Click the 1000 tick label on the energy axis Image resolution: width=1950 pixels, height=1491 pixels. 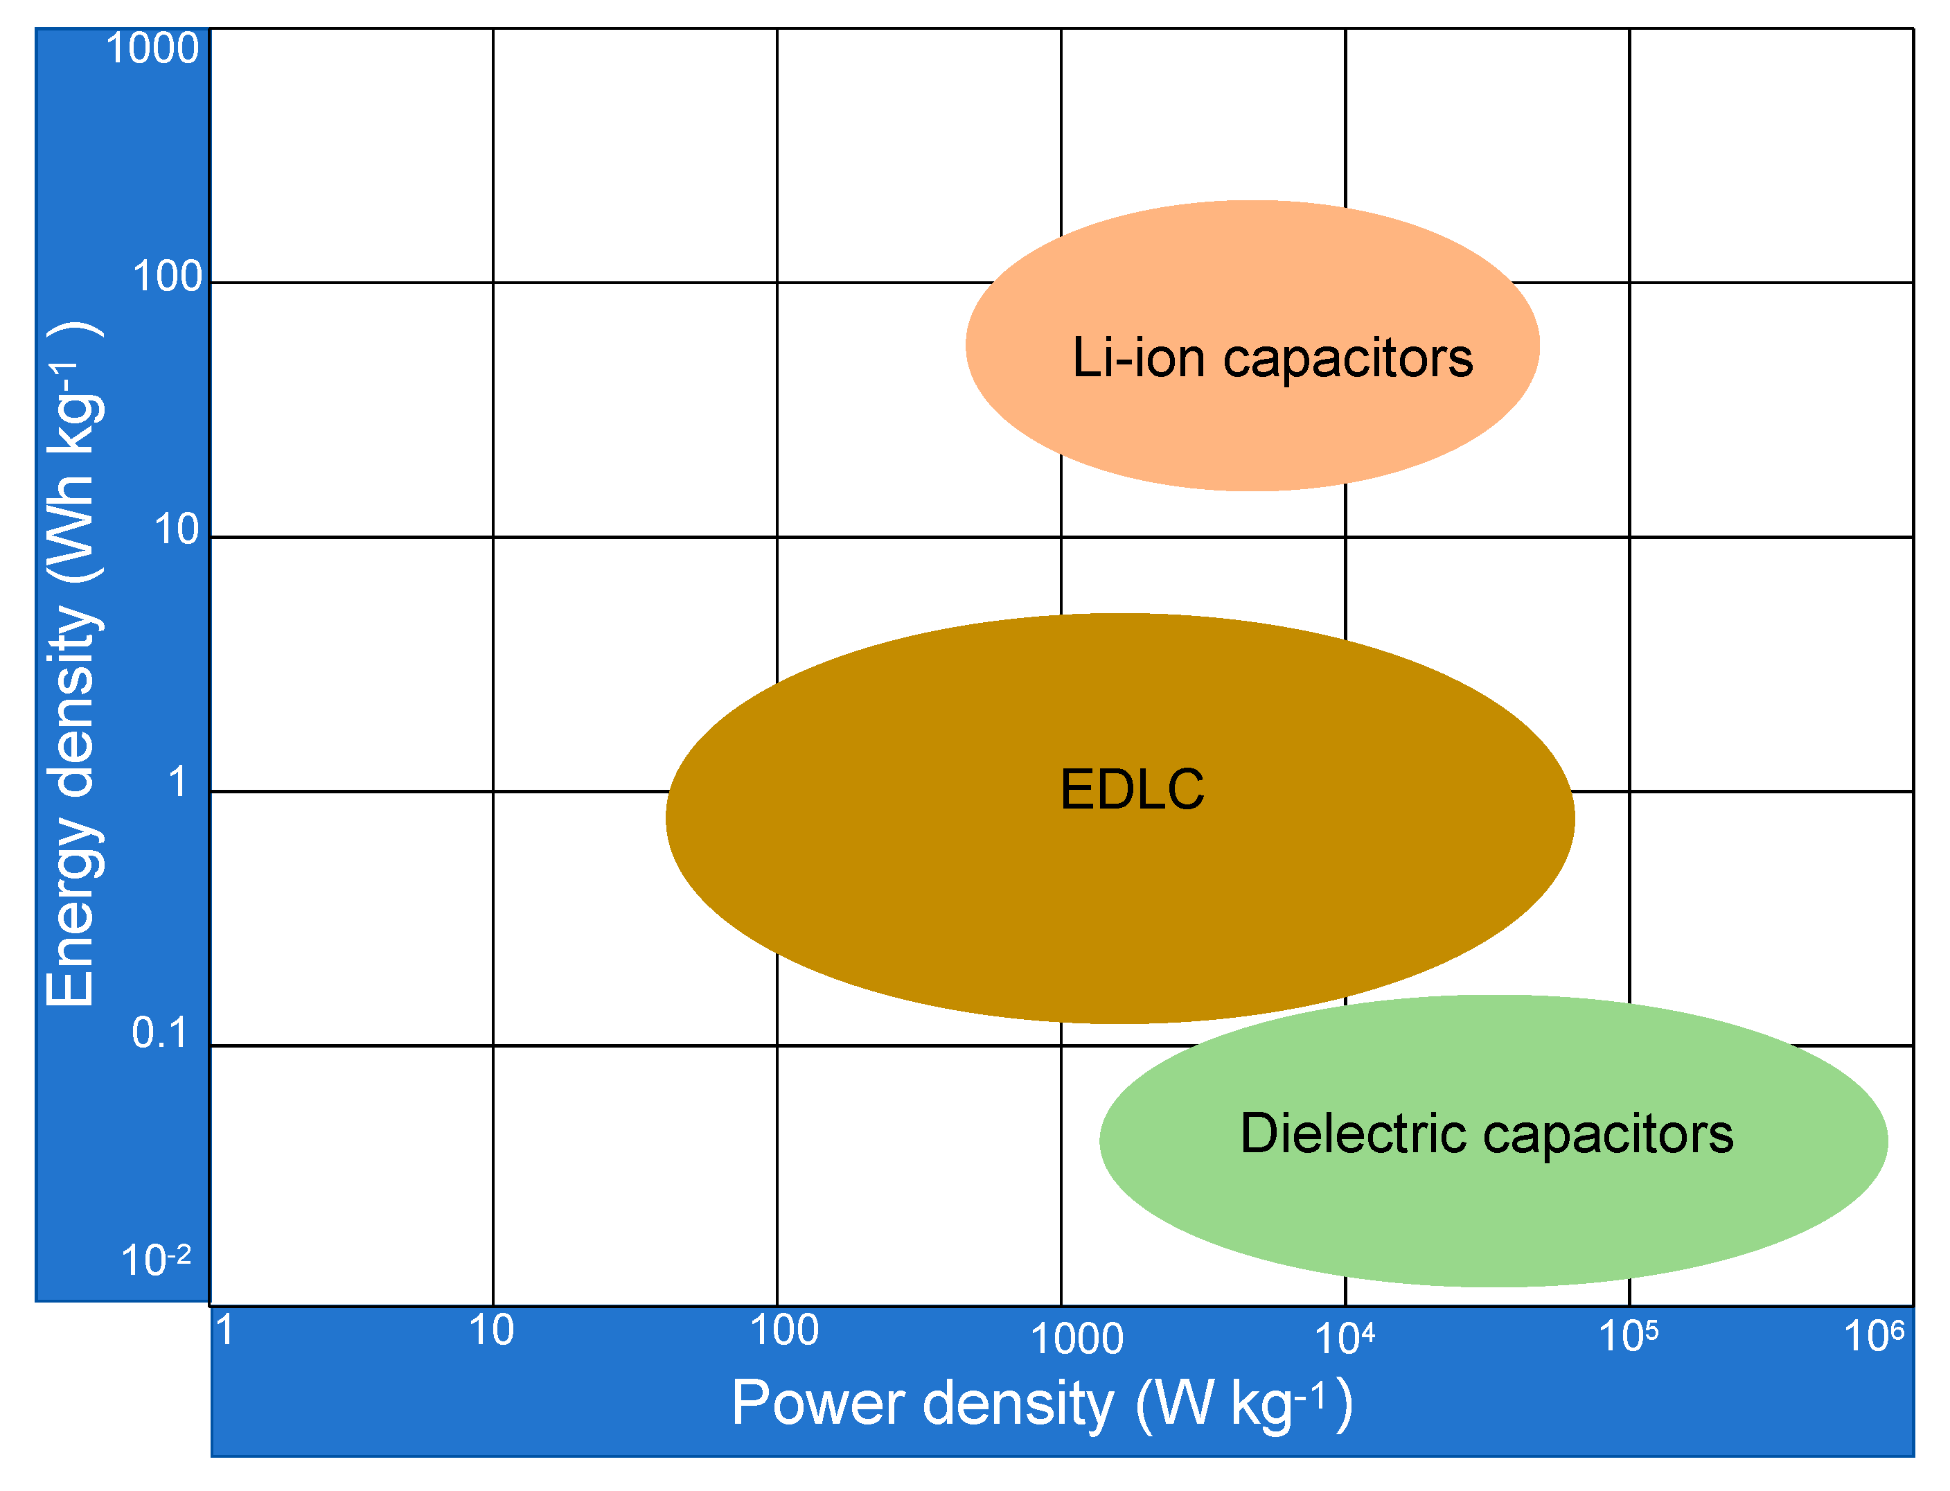[152, 48]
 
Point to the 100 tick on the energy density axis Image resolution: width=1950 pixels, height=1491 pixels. [168, 277]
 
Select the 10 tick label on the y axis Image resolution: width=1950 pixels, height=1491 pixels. [177, 530]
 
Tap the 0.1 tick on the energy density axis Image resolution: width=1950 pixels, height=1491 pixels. [160, 1033]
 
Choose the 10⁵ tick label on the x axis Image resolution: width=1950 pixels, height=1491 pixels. [1628, 1336]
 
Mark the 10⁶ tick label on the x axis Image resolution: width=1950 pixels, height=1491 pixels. [1874, 1336]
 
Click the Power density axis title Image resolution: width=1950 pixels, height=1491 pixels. [1042, 1404]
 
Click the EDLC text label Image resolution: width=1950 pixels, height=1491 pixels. [1132, 789]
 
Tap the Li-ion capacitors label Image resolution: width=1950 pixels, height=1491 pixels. [1273, 358]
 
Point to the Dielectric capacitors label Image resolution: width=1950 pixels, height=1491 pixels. [1486, 1134]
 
